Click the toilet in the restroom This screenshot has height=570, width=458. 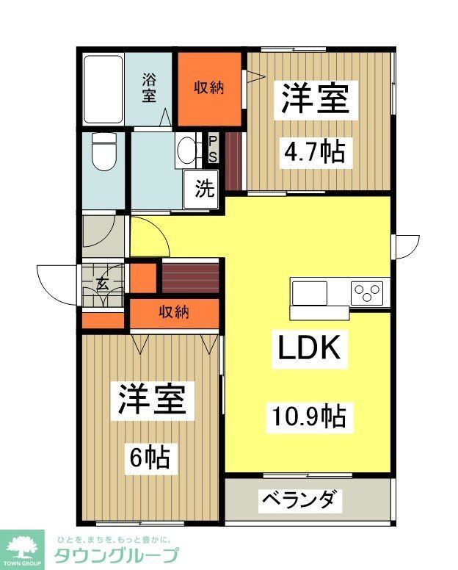click(x=105, y=154)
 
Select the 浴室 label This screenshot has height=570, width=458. click(x=149, y=87)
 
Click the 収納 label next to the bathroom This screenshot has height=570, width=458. click(x=208, y=88)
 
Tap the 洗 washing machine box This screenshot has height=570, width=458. click(x=204, y=189)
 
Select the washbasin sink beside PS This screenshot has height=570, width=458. click(x=188, y=149)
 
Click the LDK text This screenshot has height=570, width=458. click(x=308, y=347)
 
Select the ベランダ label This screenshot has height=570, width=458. click(x=300, y=501)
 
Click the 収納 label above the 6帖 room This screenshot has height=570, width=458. click(x=175, y=312)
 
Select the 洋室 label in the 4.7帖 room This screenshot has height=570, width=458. click(x=313, y=101)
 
